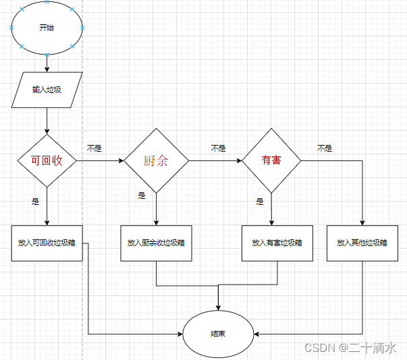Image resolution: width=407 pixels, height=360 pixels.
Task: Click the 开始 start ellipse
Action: [47, 28]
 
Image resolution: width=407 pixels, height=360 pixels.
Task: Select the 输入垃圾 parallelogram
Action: [47, 89]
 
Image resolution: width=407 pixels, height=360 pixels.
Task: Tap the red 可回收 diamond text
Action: [47, 161]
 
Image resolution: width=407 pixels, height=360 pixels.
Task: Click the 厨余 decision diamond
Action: [156, 161]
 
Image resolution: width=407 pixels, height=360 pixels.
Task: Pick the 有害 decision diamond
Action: [271, 161]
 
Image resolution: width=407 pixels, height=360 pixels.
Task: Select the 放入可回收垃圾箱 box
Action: [47, 242]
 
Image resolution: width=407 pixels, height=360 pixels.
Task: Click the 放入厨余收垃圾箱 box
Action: [156, 242]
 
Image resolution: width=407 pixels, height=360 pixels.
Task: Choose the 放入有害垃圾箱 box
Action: [277, 242]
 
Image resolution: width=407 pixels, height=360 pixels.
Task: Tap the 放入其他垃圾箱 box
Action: [362, 242]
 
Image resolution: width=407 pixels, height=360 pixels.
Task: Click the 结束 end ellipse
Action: [218, 333]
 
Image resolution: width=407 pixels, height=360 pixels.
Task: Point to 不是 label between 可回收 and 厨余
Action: [94, 148]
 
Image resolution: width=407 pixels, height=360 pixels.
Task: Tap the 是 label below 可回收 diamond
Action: [35, 201]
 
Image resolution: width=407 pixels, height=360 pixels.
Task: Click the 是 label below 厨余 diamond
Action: [142, 196]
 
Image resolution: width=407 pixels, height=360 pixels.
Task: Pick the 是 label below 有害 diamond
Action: [259, 201]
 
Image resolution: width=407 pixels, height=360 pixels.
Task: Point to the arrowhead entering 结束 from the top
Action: [218, 306]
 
